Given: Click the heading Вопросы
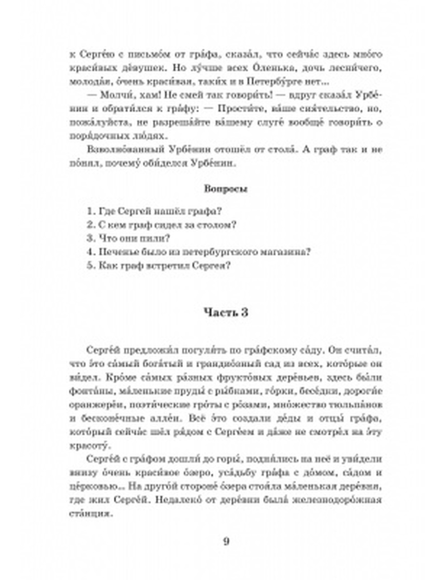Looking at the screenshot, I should click(x=226, y=189).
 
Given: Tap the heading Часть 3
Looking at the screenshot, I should click(x=226, y=312).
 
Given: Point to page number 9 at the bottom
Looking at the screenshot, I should click(x=226, y=542).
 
